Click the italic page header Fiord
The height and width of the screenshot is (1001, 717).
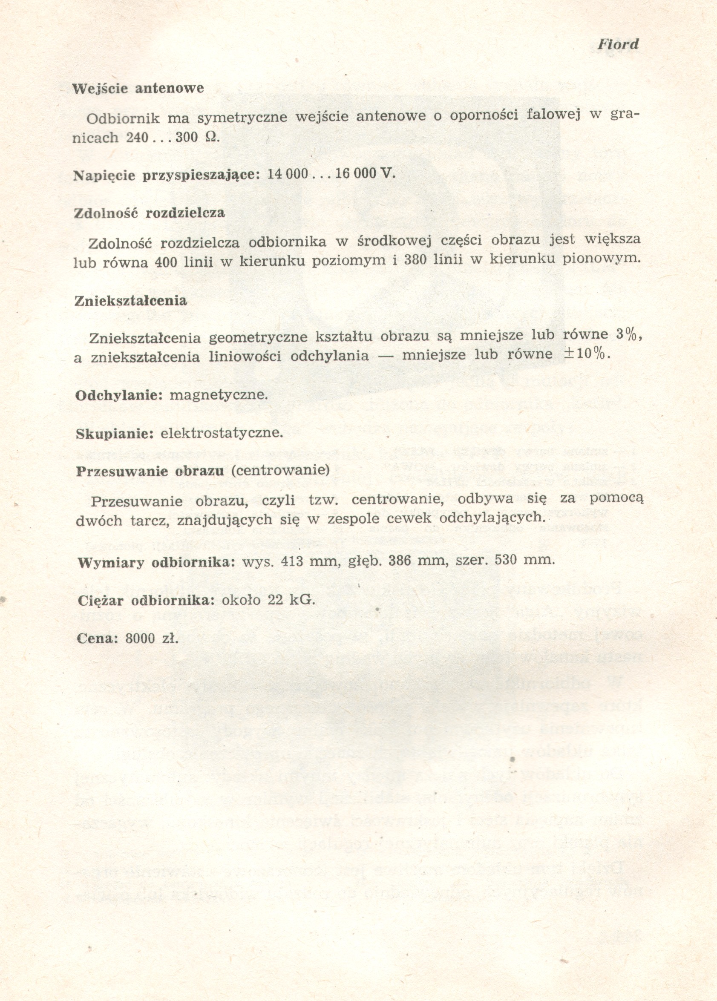click(x=618, y=45)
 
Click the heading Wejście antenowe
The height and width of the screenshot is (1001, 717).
click(x=138, y=89)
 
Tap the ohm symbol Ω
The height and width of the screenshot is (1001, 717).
click(x=210, y=138)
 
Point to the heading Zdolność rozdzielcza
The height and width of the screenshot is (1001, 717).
click(x=149, y=213)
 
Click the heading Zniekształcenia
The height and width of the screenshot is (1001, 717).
click(x=131, y=301)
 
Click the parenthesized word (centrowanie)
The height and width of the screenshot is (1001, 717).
click(x=280, y=471)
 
